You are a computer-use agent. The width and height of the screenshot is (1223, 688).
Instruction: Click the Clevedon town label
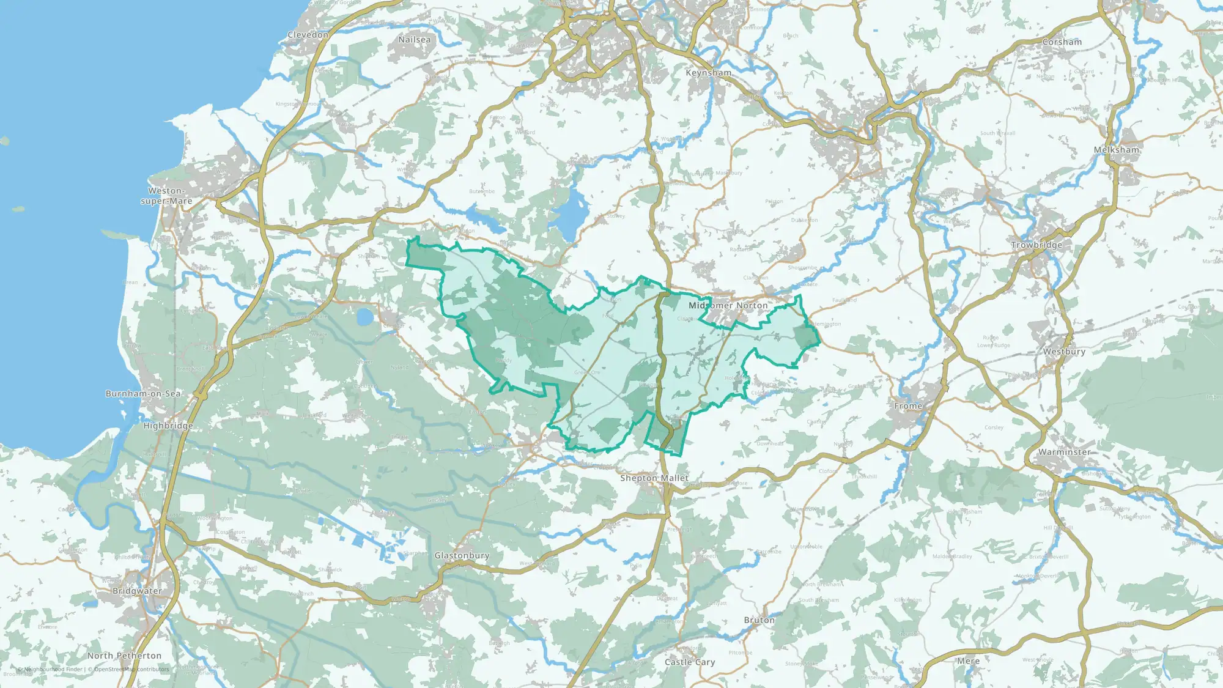(308, 35)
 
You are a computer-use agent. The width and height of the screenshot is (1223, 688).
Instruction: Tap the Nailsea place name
(414, 40)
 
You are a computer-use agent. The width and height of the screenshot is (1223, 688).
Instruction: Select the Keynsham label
(708, 73)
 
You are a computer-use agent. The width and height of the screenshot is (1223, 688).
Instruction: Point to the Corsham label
(1062, 42)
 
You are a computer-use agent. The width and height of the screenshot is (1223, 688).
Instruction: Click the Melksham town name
(1116, 150)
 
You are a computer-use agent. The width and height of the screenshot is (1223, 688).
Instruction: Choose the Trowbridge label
(1036, 245)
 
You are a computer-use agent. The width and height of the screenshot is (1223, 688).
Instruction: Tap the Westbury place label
(1064, 352)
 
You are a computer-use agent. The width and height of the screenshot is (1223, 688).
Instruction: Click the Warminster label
(1064, 453)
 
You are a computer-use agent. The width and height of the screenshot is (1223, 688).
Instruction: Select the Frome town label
(908, 406)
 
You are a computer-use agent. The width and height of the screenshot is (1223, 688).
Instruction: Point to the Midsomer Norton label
(728, 305)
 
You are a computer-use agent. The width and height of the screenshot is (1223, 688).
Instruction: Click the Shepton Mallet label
(654, 478)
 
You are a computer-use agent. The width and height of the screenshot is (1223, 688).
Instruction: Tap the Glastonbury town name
(462, 556)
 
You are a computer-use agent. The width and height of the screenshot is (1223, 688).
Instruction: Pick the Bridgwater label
(137, 591)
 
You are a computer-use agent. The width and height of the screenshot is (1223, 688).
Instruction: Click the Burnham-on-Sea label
(143, 394)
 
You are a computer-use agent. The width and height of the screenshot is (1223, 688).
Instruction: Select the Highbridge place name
(168, 426)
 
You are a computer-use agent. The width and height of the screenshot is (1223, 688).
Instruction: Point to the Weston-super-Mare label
(166, 196)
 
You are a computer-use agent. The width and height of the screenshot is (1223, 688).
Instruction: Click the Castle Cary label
(690, 662)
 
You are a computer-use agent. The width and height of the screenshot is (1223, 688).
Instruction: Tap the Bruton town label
(759, 620)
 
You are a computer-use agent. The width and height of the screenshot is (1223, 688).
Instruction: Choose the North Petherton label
(124, 656)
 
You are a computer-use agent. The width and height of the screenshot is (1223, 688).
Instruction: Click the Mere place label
(968, 661)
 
